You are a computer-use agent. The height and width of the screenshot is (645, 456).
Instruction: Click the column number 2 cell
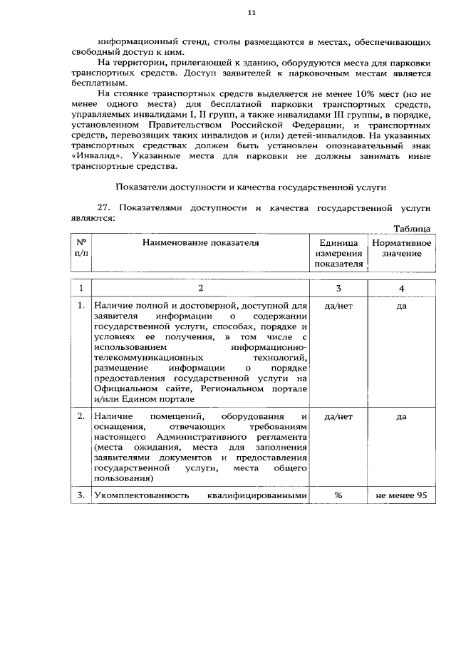coord(200,288)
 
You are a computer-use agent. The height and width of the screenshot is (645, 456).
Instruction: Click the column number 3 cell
coord(338,288)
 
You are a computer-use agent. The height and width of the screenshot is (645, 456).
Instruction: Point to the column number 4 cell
coord(401,288)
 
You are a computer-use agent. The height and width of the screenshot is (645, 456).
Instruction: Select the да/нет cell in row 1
coord(338,306)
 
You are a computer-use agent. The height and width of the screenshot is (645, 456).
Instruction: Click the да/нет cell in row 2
coord(338,416)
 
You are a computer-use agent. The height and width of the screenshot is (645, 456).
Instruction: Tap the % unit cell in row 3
coord(338,496)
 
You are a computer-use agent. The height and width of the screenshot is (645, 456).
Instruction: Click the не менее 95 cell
coord(401,496)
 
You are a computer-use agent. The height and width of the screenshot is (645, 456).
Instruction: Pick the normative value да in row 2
coord(401,416)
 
